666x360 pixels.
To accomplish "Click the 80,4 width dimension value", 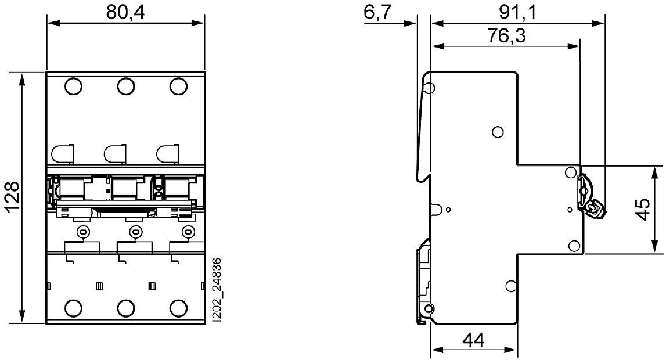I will click(x=125, y=12).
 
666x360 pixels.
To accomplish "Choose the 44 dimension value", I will click(x=474, y=340).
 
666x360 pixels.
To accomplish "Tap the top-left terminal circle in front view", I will click(x=73, y=87).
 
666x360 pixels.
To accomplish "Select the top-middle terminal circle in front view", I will click(x=125, y=87).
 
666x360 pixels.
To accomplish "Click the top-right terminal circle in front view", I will click(x=178, y=87).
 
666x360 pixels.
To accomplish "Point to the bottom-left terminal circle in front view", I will click(x=73, y=307).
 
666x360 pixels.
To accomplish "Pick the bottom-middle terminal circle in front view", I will click(x=125, y=307).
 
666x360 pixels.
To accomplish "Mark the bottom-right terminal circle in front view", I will click(x=178, y=307).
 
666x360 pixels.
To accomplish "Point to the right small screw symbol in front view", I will click(x=187, y=232).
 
